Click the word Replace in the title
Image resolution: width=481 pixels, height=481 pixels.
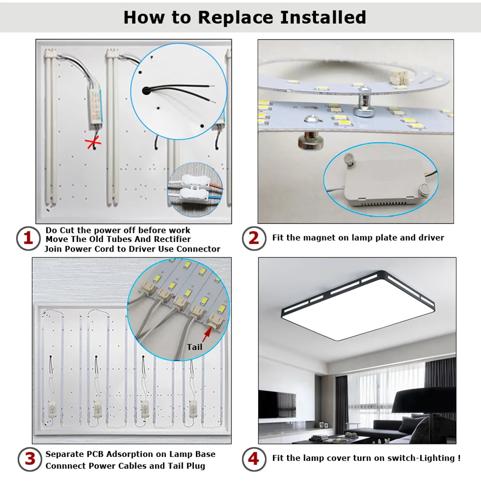tap(235, 17)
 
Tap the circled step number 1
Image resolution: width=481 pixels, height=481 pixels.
tap(28, 238)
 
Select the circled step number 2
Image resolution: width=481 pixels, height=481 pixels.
tap(254, 238)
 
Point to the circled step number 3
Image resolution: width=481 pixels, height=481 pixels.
tap(30, 459)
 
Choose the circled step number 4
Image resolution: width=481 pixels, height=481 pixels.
tap(254, 459)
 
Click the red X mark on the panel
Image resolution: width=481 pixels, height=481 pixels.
tap(93, 143)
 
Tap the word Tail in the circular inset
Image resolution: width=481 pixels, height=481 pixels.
tap(194, 347)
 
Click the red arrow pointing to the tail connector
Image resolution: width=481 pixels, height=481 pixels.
tap(207, 334)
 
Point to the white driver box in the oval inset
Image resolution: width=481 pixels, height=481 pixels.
tap(385, 180)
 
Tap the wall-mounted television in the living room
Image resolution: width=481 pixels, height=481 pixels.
tap(277, 404)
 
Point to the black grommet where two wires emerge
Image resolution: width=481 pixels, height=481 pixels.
tap(146, 91)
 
